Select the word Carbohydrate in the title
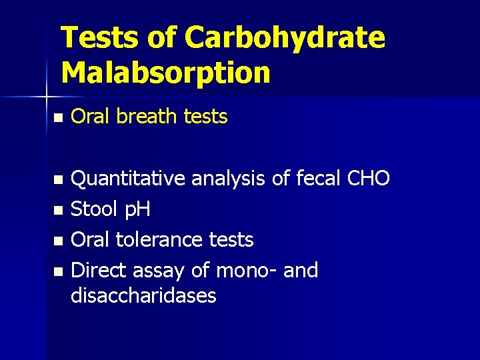point(285,38)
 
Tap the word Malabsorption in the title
point(165,73)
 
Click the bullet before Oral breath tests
point(58,118)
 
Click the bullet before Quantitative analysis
point(58,179)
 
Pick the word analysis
point(230,179)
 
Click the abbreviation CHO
point(368,178)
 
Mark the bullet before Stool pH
point(58,211)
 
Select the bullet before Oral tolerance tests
point(58,241)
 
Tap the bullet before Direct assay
point(58,272)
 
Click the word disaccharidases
point(143,295)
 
